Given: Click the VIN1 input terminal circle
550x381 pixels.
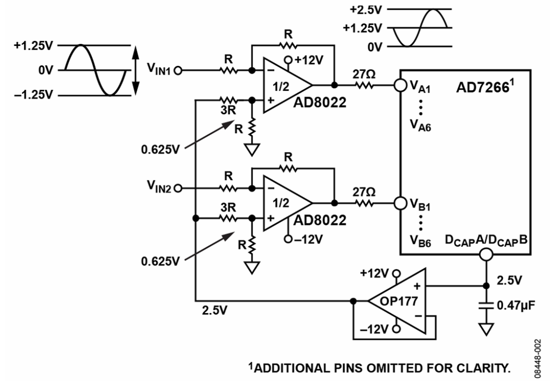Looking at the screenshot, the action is [178, 70].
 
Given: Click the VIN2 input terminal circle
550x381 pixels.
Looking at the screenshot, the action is [178, 189].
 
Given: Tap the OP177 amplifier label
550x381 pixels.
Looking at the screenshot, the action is [398, 301].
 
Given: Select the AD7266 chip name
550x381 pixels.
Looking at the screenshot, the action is [482, 87].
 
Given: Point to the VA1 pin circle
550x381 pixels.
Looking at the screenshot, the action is [400, 85].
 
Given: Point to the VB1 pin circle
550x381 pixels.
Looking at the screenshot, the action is [400, 203].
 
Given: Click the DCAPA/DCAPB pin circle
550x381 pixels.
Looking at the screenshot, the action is [486, 254].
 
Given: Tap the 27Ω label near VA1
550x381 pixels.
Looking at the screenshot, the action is [364, 74].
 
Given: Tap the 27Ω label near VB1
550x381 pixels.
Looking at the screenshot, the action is [364, 192].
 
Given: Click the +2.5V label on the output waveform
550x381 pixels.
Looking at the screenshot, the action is [365, 10].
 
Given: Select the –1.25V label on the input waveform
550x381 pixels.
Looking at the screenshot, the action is [34, 95].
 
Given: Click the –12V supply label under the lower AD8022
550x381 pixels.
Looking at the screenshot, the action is [308, 239].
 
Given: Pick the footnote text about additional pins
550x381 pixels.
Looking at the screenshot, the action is [379, 368].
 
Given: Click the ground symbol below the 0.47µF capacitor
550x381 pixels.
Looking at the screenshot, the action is [486, 329].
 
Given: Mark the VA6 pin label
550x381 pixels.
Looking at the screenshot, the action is [420, 124].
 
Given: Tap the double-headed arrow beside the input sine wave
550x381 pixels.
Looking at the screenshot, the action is [136, 70].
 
